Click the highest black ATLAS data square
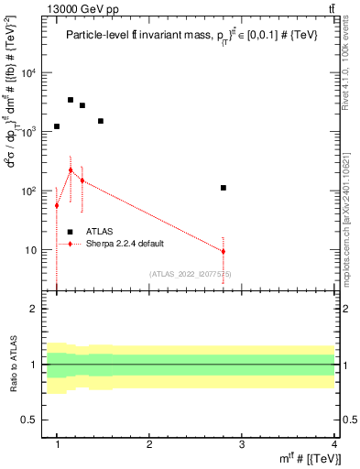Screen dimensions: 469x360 71,100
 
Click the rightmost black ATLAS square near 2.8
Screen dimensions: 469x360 224,188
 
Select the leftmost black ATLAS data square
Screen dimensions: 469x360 57,126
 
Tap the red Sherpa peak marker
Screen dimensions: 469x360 71,169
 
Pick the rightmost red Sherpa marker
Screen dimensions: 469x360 224,251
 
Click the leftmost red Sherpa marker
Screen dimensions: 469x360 57,205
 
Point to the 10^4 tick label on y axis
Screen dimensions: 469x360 30,73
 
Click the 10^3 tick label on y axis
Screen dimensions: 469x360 30,132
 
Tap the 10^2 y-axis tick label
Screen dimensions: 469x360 30,191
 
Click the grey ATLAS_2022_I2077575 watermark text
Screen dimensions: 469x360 190,274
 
